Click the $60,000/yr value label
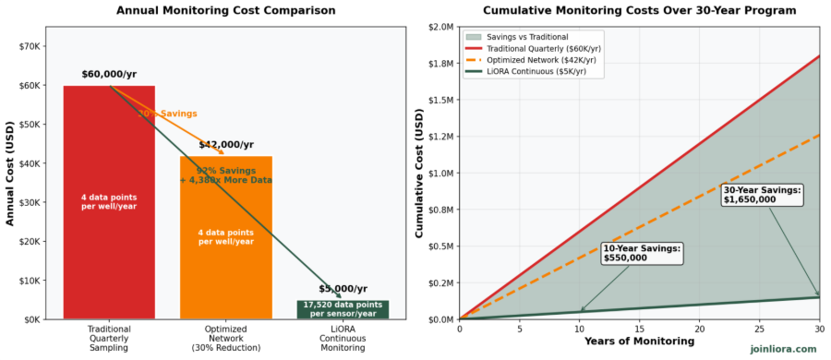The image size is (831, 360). pos(109,74)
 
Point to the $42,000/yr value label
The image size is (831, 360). pos(225,144)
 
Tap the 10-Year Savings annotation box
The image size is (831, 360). pos(641,253)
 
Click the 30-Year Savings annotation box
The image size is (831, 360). pos(762,195)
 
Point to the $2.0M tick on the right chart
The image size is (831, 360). pos(440,27)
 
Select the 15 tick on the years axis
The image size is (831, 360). pos(639,329)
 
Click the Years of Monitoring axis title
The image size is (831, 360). pos(639,342)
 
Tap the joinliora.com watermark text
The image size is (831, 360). pos(782,349)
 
